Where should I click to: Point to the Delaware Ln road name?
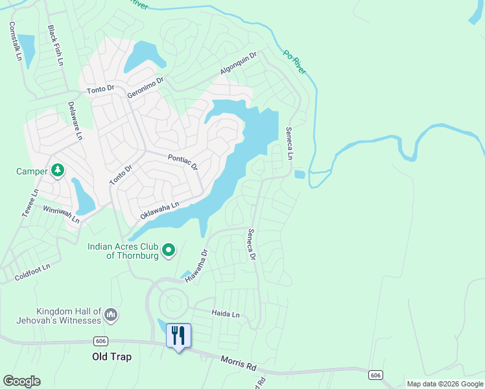point(75,121)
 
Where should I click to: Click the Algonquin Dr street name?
point(239,64)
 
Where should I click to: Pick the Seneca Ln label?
point(290,143)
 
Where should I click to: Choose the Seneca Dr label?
point(252,244)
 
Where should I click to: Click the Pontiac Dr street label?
point(182,162)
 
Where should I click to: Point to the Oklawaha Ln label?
point(160,209)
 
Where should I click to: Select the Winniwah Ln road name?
point(61,215)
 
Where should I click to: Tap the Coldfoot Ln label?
point(32,272)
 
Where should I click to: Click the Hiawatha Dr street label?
point(195,266)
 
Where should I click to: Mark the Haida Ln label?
point(226,314)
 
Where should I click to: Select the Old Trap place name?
point(112,357)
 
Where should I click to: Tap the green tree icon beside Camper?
point(58,171)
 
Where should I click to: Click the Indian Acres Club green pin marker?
point(169,250)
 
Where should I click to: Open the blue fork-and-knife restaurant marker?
point(178,336)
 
